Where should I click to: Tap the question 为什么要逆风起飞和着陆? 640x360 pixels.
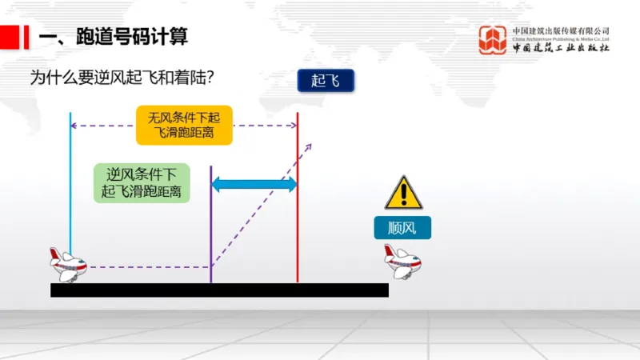tap(126, 78)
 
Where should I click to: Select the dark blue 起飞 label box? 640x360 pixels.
tap(326, 80)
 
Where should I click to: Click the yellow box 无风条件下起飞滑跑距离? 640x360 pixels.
tap(184, 125)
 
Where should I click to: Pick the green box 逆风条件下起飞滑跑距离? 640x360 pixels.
tap(142, 183)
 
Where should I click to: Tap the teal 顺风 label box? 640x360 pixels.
tap(402, 227)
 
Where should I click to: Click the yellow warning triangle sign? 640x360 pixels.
tap(403, 194)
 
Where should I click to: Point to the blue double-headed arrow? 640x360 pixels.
tap(254, 184)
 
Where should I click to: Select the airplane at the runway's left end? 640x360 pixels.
tap(68, 264)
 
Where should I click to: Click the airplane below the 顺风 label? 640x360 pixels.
tap(402, 262)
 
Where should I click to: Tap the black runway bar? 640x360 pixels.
tap(219, 290)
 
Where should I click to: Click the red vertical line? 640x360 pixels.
tap(298, 200)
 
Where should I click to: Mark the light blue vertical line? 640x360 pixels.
tap(70, 184)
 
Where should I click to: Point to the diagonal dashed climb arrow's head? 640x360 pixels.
tap(310, 145)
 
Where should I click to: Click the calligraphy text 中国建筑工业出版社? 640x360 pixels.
tap(561, 48)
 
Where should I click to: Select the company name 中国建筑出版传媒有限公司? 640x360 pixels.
tap(561, 30)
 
